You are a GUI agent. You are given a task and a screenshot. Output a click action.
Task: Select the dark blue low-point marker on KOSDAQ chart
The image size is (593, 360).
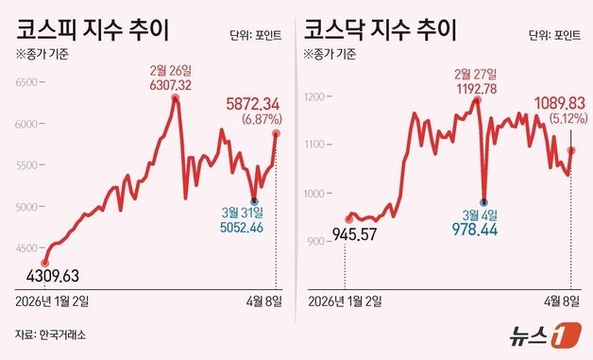coord(484,202)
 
